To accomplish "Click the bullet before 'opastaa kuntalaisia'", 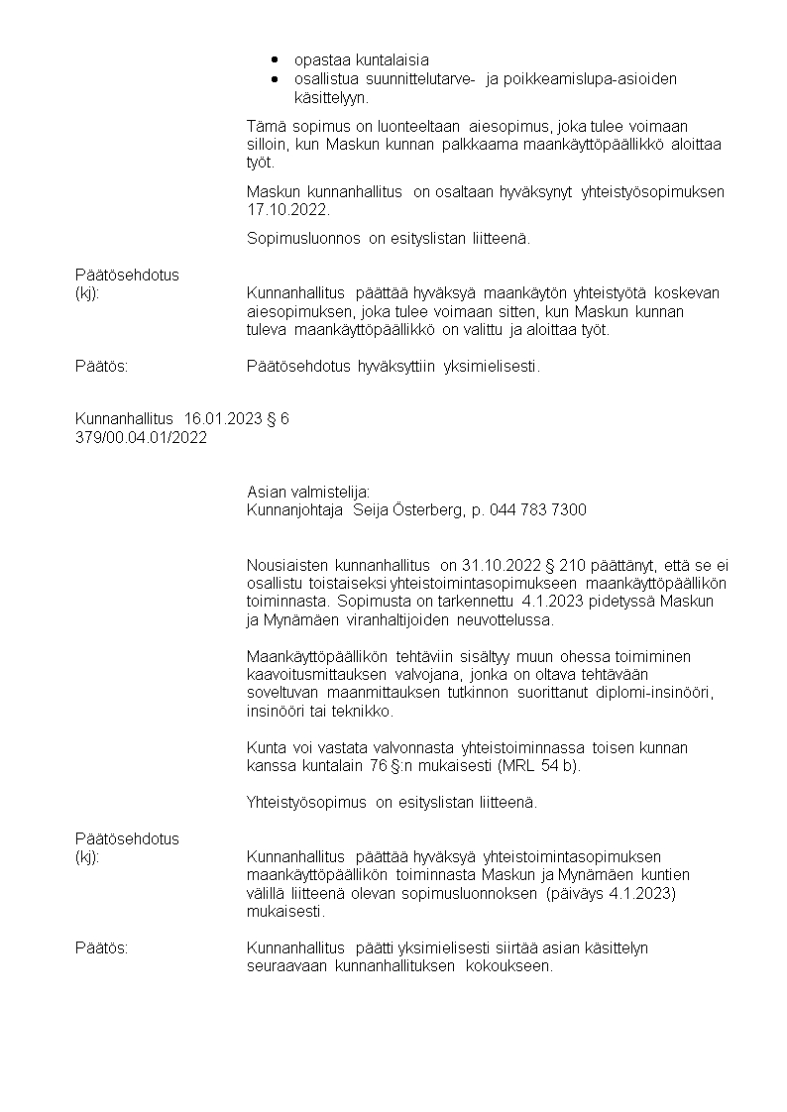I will (274, 59).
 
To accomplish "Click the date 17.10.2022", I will (287, 210).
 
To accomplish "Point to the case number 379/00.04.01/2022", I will (142, 437).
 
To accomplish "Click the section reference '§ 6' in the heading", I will (278, 419).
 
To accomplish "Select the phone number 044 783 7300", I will (538, 509).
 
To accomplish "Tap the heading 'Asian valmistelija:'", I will (308, 492).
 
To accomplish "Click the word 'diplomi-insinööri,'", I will (655, 692).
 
